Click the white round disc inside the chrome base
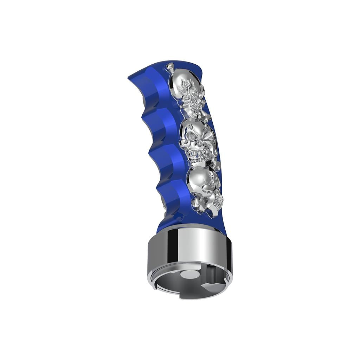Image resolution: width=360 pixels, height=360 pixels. tap(190, 275)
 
